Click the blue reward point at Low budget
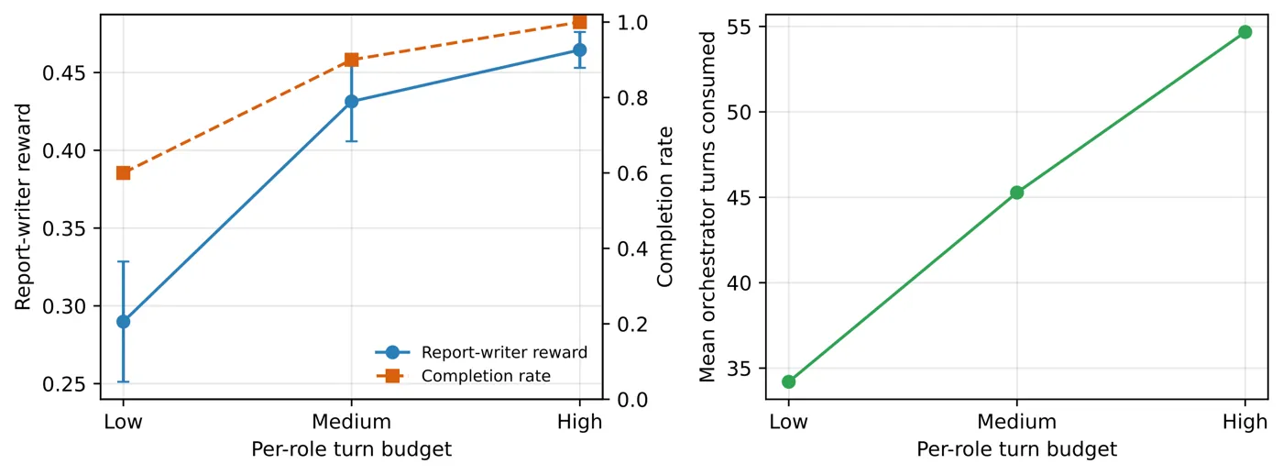pyautogui.click(x=123, y=322)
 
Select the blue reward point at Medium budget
pyautogui.click(x=352, y=102)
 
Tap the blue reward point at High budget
pyautogui.click(x=579, y=50)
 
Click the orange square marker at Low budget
pyautogui.click(x=123, y=173)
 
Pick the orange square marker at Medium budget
pyautogui.click(x=352, y=61)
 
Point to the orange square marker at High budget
pyautogui.click(x=579, y=22)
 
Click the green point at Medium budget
pyautogui.click(x=1016, y=193)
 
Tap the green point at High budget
pyautogui.click(x=1245, y=32)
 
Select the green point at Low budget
pyautogui.click(x=789, y=381)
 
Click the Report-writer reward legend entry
pyautogui.click(x=481, y=352)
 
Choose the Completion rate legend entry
pyautogui.click(x=463, y=376)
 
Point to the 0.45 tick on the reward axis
pyautogui.click(x=64, y=73)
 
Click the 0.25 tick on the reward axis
pyautogui.click(x=64, y=384)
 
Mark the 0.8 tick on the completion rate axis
pyautogui.click(x=632, y=98)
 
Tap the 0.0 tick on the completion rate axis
pyautogui.click(x=632, y=400)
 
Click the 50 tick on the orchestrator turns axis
pyautogui.click(x=739, y=112)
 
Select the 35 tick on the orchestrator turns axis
pyautogui.click(x=739, y=369)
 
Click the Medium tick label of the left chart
pyautogui.click(x=352, y=422)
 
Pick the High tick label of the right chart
pyautogui.click(x=1245, y=423)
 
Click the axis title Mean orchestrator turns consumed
pyautogui.click(x=707, y=207)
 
